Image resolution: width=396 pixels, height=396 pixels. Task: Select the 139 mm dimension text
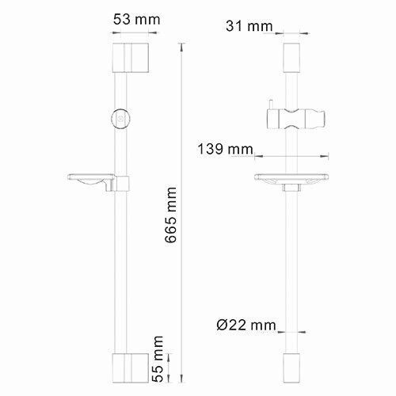[x=226, y=148]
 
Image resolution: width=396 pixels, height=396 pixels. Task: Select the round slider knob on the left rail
[x=120, y=116]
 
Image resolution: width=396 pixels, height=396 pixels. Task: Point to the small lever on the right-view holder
[x=270, y=106]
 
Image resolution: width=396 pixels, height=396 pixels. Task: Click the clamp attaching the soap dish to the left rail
[x=121, y=184]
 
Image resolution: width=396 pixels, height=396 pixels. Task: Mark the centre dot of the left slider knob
[x=120, y=116]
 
